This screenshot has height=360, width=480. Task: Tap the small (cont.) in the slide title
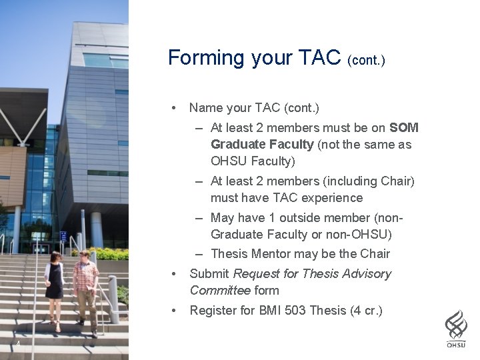click(366, 61)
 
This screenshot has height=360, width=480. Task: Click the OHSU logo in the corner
click(456, 329)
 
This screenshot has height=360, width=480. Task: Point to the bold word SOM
click(404, 127)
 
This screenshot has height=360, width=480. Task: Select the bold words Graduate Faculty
click(262, 144)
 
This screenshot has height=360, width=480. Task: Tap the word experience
click(332, 198)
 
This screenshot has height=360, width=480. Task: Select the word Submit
click(209, 274)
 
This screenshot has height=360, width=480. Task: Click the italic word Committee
click(220, 291)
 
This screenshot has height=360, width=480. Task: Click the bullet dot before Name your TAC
click(173, 108)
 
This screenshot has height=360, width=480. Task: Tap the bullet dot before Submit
click(173, 274)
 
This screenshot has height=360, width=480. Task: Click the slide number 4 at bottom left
click(18, 344)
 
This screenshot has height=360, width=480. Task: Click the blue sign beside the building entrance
click(63, 236)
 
